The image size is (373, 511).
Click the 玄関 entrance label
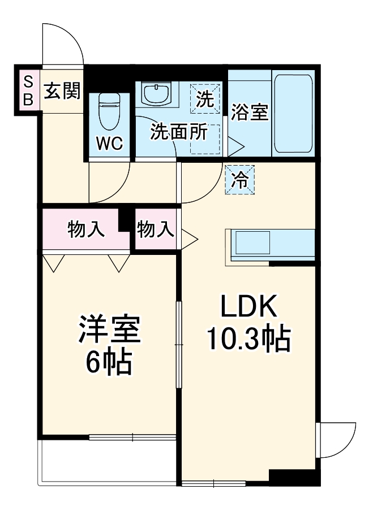[x=62, y=90]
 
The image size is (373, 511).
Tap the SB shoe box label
[x=28, y=90]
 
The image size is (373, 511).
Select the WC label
[x=109, y=144]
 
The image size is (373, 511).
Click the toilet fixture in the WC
[x=109, y=111]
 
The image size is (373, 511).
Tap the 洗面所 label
[x=178, y=132]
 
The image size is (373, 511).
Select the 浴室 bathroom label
[x=249, y=112]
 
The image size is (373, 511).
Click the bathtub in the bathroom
[x=293, y=112]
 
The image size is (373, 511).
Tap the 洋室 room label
[x=109, y=331]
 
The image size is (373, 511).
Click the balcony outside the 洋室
[x=108, y=461]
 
